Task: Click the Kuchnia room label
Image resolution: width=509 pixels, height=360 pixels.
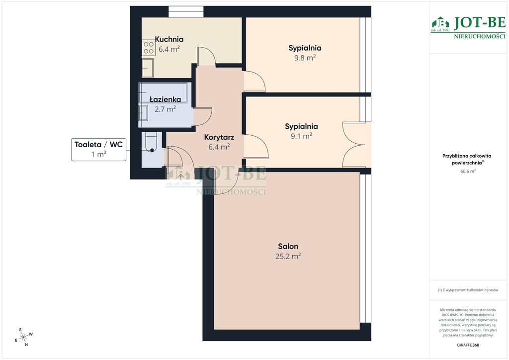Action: coord(169,39)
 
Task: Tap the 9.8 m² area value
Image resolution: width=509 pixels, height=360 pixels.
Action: coord(305,58)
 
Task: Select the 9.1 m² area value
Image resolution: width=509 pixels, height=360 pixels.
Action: coord(301,136)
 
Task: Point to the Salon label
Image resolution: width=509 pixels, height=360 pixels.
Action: coord(288,247)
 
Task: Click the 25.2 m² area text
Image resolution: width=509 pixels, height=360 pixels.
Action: coord(288,256)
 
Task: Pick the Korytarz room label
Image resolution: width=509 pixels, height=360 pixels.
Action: coord(219,137)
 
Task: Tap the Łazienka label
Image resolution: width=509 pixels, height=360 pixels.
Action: coord(165,99)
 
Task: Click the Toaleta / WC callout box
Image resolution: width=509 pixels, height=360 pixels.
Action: coord(99,149)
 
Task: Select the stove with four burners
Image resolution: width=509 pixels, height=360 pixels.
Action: coord(148,47)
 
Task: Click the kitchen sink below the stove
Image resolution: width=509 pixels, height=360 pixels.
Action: coord(148,68)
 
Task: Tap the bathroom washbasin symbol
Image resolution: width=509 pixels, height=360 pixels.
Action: coord(143,113)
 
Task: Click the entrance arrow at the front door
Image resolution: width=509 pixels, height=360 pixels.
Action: coord(180,176)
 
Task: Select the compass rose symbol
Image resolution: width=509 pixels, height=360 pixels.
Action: coord(23,337)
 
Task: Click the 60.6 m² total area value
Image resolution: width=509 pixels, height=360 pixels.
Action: coord(468,171)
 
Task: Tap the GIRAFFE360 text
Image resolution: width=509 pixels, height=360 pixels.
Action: coord(468,345)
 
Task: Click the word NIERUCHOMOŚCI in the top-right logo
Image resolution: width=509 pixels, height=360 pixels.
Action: coord(480,36)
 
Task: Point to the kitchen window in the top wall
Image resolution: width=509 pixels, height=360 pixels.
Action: coord(186,11)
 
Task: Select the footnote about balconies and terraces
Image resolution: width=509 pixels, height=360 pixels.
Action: coord(468,290)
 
